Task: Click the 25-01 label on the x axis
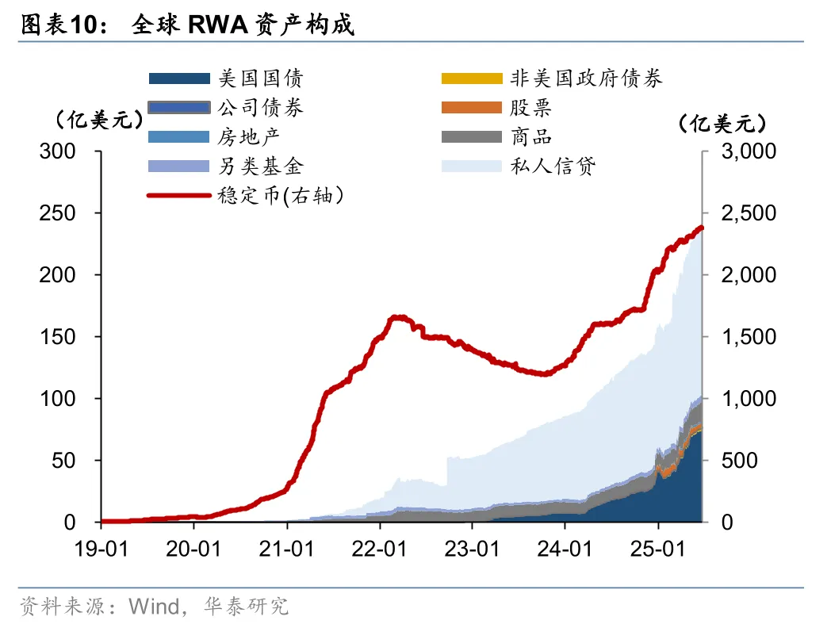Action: [658, 548]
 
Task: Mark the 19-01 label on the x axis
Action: [101, 548]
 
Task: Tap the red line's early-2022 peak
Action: [397, 317]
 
